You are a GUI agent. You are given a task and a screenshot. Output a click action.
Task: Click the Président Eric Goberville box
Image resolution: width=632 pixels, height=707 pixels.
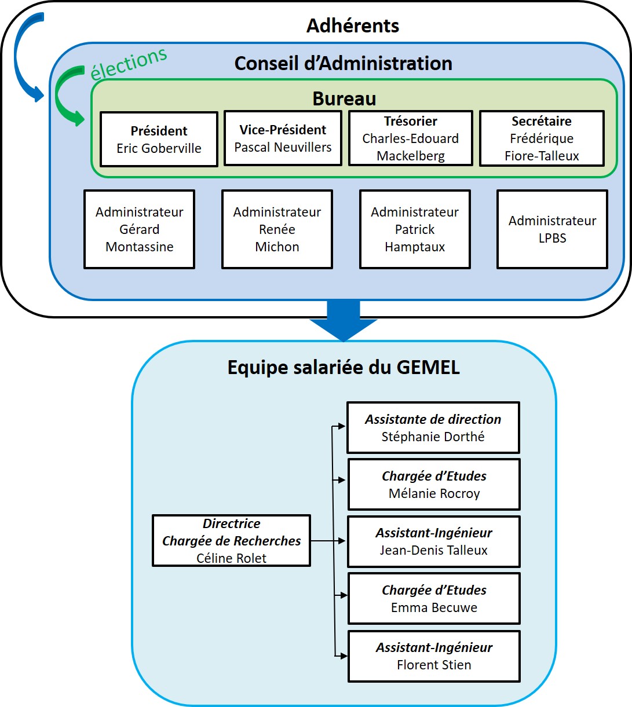159,140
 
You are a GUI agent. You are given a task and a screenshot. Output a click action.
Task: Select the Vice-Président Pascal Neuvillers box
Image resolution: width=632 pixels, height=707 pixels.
283,138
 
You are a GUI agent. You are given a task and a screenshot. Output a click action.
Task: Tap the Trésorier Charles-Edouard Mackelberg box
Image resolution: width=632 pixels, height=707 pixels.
411,138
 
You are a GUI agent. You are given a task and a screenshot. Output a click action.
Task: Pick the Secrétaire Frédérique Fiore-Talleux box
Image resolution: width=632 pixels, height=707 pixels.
542,138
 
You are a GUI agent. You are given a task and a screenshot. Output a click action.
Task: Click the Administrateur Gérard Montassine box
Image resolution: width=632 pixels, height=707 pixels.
139,229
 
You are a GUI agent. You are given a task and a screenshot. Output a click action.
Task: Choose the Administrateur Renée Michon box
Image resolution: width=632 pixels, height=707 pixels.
277,229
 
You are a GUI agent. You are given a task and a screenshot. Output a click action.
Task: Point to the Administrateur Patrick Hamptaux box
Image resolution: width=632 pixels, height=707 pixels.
415,229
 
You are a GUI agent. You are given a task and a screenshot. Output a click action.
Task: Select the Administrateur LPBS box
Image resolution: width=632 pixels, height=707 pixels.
552,229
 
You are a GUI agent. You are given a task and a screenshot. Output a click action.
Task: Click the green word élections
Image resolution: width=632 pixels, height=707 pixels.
129,63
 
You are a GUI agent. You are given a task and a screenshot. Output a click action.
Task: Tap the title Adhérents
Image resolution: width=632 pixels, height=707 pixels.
352,26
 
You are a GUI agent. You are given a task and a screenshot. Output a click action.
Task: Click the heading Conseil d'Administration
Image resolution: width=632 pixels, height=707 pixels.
343,63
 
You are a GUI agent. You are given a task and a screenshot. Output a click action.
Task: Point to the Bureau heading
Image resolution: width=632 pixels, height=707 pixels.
344,98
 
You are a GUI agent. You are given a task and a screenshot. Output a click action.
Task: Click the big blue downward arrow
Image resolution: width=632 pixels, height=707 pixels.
344,322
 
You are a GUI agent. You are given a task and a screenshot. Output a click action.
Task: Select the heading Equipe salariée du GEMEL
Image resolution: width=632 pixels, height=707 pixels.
344,367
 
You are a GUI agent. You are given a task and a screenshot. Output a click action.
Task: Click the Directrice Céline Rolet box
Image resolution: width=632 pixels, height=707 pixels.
231,541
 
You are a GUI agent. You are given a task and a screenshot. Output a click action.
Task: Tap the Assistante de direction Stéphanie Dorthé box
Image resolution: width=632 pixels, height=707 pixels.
433,428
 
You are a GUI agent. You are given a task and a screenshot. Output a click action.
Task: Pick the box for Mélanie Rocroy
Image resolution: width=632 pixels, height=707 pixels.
434,485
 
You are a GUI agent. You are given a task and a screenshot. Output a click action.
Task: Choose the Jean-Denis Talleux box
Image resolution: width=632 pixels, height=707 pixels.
434,541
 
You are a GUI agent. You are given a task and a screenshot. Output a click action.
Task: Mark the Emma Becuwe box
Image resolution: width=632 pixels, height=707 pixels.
434,599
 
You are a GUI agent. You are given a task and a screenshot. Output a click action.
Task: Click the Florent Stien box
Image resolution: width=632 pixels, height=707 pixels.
434,656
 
